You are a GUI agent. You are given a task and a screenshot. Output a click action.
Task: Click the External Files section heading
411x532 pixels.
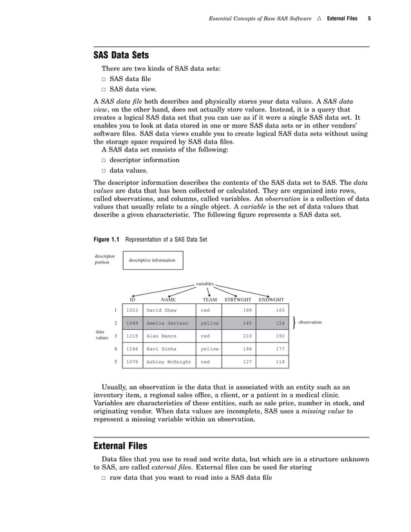(120, 446)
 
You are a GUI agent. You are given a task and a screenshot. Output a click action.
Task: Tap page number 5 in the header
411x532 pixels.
(369, 18)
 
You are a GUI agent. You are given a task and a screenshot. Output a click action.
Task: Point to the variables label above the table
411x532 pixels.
(205, 283)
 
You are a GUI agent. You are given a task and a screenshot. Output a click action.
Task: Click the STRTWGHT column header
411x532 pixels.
(238, 299)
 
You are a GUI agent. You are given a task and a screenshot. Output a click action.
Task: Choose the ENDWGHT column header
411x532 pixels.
(271, 299)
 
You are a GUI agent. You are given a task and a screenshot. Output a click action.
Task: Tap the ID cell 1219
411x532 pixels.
(132, 336)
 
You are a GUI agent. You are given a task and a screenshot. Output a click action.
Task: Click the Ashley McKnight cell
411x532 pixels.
(169, 362)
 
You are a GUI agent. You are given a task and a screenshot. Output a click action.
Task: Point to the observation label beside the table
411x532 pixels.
(310, 322)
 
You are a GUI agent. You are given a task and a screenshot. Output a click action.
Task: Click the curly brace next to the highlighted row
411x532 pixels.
(293, 323)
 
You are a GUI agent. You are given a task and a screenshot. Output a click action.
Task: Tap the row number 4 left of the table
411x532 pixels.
(115, 348)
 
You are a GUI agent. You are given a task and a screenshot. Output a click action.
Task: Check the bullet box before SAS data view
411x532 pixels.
(103, 90)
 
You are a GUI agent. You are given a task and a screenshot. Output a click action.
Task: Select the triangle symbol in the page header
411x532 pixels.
(318, 18)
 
